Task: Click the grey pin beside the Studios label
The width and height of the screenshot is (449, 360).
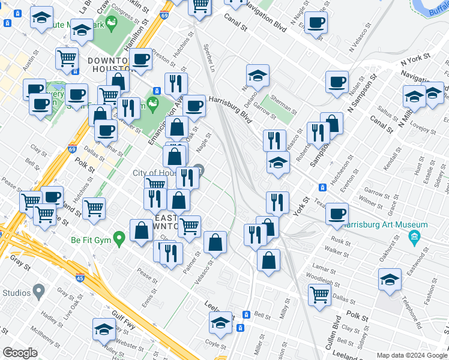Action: coord(39,293)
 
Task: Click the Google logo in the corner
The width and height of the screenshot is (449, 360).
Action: coord(20,353)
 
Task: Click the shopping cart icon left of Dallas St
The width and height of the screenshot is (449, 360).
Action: coord(319,293)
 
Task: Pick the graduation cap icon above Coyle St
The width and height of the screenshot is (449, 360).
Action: coord(220,323)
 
